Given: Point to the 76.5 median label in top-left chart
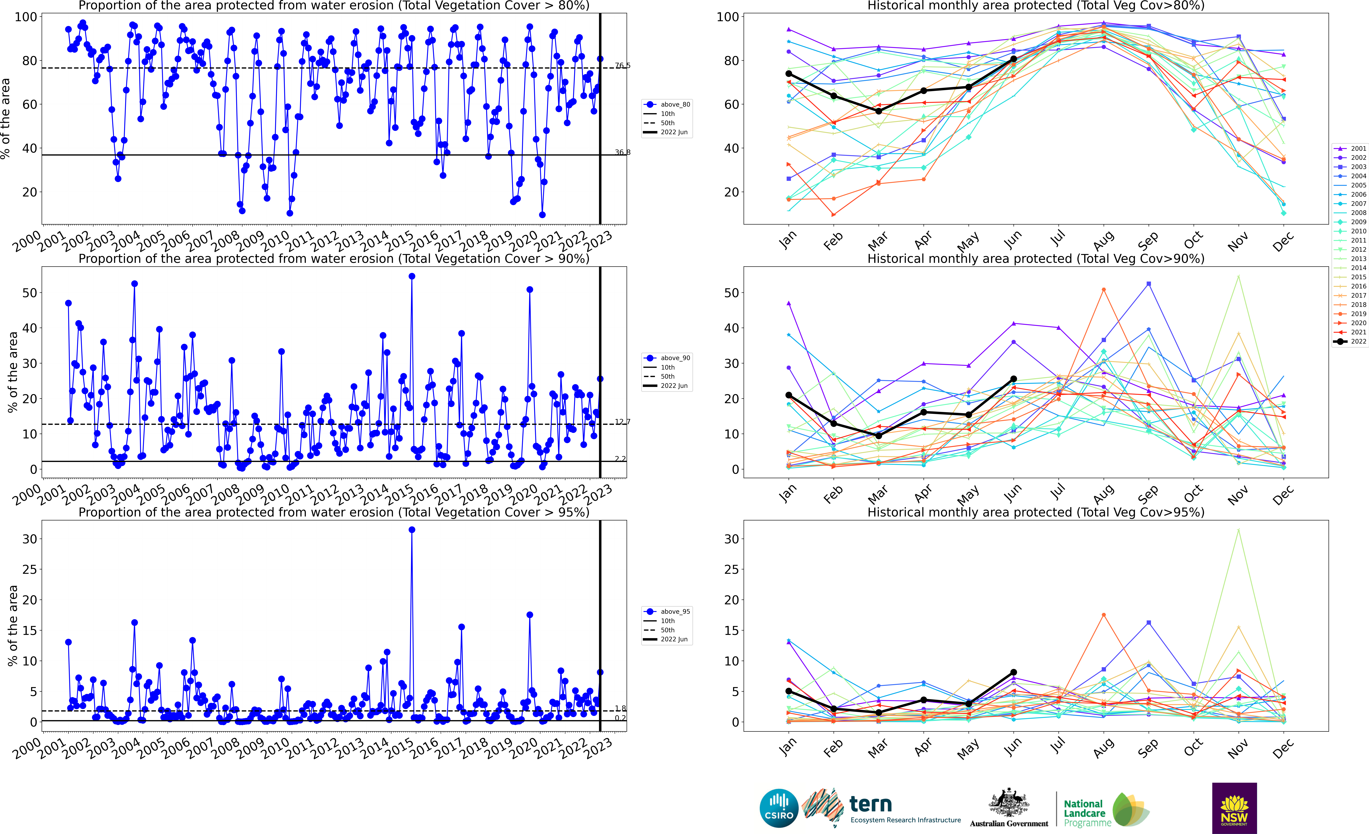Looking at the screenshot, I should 622,66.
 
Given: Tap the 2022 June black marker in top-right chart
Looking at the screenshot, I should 1013,59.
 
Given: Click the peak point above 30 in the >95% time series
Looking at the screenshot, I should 412,530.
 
